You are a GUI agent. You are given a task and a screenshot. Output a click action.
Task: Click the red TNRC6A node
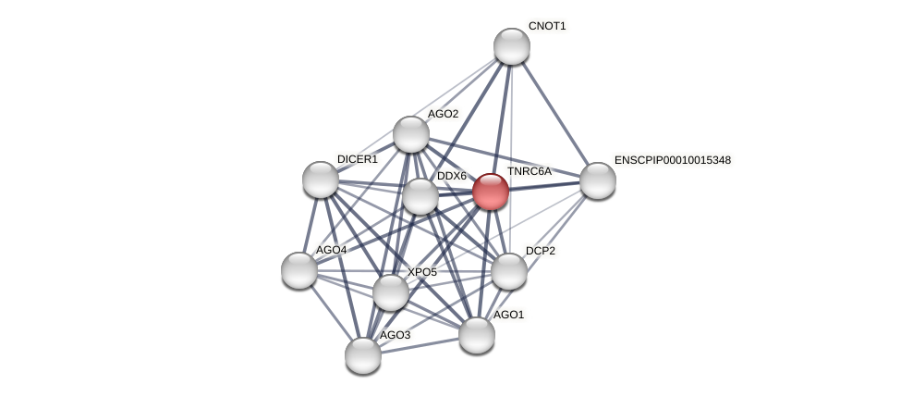point(491,192)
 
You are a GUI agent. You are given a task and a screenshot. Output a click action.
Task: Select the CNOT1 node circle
point(511,46)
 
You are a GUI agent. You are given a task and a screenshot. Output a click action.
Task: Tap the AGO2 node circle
point(411,134)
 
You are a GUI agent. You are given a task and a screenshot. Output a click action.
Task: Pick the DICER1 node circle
point(321,180)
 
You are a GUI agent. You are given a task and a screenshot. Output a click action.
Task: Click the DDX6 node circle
point(420,196)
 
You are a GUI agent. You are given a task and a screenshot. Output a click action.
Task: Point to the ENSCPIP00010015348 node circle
point(598,180)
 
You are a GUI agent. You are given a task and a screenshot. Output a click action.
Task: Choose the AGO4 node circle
point(299,270)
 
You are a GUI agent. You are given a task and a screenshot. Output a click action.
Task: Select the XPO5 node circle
point(391,292)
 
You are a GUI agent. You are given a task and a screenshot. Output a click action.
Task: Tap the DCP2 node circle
point(509,271)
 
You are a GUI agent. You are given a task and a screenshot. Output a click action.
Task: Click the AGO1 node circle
point(477,335)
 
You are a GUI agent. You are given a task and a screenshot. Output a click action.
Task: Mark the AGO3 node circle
point(363,355)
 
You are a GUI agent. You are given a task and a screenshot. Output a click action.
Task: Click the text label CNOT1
point(547,26)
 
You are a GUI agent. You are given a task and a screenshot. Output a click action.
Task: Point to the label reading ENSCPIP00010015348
point(672,160)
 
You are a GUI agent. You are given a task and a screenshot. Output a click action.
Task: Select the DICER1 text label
point(357,159)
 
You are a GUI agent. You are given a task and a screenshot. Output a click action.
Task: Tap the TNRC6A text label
point(529,171)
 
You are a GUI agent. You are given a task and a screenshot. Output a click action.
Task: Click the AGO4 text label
point(331,250)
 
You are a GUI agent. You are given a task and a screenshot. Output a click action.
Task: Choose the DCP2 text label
point(541,251)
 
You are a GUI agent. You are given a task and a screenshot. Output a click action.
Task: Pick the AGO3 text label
point(395,335)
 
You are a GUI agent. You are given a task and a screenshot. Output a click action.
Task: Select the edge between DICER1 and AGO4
point(310,224)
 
